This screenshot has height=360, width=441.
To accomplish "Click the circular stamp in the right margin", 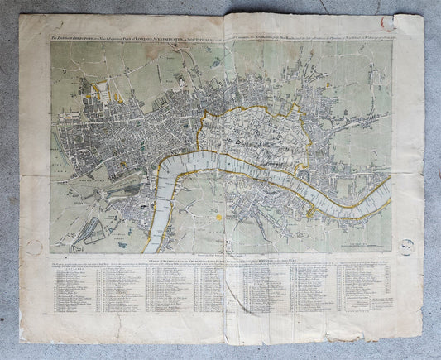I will coord(406,246).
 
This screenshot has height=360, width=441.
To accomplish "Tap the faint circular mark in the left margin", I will coord(33,246).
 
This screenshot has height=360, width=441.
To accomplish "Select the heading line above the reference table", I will coord(218,260).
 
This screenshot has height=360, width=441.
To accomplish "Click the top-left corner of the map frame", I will coord(51,42).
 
